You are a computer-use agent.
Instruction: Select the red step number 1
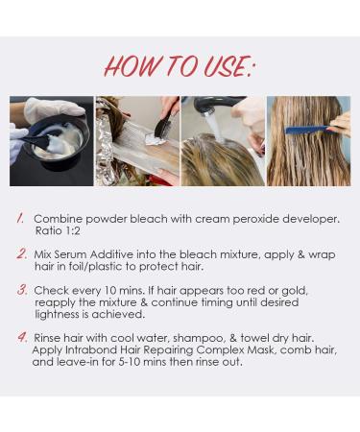point(20,218)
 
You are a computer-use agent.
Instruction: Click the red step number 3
point(20,288)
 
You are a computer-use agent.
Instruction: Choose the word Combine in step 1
point(60,219)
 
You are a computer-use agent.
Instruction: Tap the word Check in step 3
point(53,289)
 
